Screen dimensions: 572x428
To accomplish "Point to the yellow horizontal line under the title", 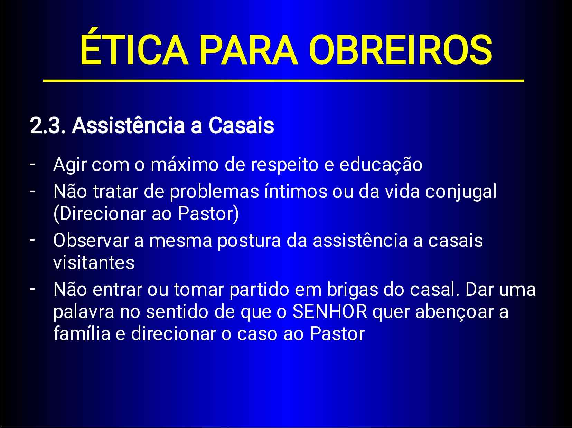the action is [x=283, y=81].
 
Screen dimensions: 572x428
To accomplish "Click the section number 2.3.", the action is [x=47, y=126].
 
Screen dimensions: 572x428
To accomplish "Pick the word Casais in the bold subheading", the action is [x=241, y=126].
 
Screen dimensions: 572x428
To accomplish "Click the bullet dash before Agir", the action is [x=32, y=164].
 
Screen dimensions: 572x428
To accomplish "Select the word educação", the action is [x=381, y=165].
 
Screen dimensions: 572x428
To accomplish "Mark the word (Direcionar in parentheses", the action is [x=100, y=214].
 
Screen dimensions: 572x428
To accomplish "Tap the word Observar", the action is [x=91, y=241].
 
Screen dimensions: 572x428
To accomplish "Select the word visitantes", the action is [x=94, y=263].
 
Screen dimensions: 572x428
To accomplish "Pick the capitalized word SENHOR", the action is [x=330, y=311].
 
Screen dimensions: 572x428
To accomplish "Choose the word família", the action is [x=82, y=333].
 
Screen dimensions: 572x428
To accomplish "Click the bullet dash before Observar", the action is [x=32, y=239].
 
